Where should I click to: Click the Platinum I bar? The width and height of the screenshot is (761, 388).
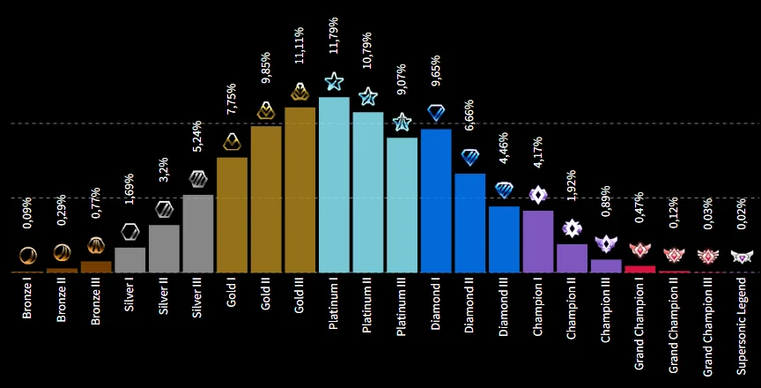[x=334, y=185]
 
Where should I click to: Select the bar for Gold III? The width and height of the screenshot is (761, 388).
[x=299, y=190]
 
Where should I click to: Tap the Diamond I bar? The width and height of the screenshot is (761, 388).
[x=436, y=200]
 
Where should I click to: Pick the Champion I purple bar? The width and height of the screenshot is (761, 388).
[x=537, y=241]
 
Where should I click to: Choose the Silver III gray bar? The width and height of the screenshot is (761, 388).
[x=198, y=233]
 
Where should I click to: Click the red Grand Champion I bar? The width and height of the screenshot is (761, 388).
[x=639, y=269]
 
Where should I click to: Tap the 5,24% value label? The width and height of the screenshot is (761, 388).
[x=198, y=142]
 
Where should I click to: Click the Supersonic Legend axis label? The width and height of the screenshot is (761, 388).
[x=742, y=322]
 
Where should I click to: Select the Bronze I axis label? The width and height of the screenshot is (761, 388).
[x=28, y=301]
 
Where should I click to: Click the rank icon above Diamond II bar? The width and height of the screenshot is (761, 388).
[x=470, y=157]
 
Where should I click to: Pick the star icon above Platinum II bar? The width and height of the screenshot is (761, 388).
[x=368, y=96]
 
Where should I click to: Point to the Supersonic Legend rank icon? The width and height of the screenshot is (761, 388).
[x=742, y=257]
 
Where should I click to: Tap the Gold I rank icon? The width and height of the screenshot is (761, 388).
[x=232, y=141]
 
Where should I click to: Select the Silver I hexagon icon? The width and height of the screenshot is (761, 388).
[x=130, y=232]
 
